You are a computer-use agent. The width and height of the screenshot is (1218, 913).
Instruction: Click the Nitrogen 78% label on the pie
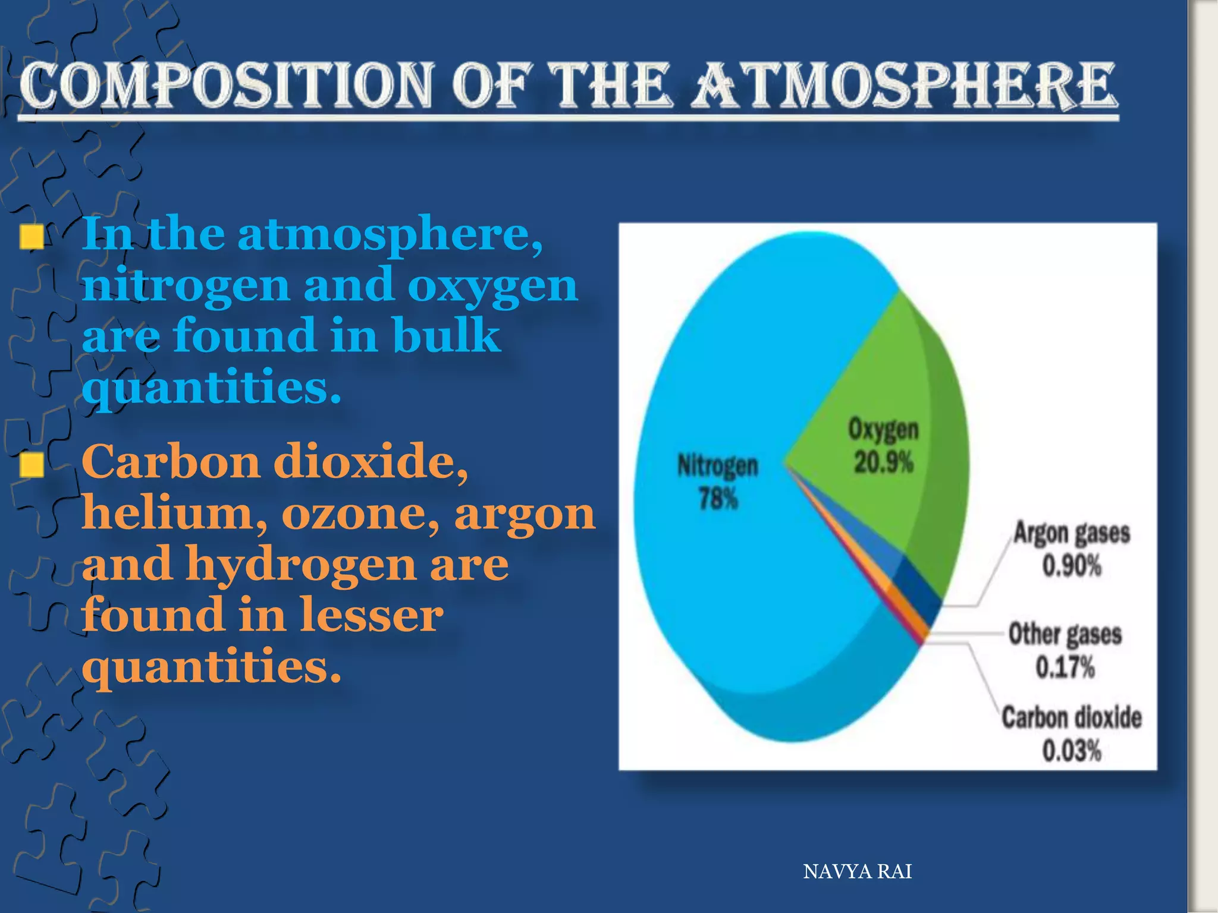click(718, 481)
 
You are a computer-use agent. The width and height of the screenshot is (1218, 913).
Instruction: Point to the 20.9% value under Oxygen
click(883, 462)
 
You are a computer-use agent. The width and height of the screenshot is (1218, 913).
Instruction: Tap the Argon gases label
click(1071, 533)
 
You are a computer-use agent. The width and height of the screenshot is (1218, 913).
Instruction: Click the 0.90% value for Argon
click(1071, 565)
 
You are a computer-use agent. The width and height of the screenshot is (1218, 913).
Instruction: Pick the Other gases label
click(1065, 634)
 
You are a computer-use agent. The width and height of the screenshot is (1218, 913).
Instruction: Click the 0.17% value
click(1065, 667)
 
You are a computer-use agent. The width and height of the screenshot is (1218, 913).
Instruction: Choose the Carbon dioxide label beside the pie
click(1071, 717)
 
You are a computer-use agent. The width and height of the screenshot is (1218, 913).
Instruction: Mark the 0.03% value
click(1071, 750)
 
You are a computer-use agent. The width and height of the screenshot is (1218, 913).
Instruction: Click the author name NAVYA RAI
click(857, 871)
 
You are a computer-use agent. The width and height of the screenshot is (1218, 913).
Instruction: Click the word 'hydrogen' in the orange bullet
click(301, 563)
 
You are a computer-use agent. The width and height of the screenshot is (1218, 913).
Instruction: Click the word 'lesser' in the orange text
click(371, 615)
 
